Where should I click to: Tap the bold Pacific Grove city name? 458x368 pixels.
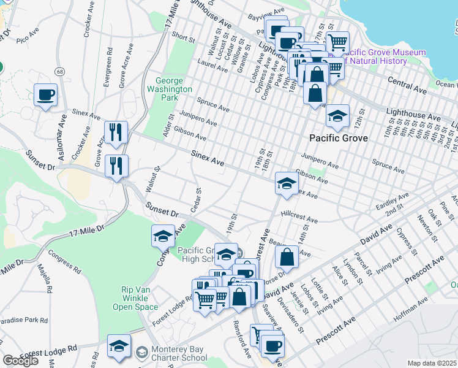338,138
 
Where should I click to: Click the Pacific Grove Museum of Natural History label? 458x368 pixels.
375,56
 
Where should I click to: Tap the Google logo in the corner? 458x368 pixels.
20,361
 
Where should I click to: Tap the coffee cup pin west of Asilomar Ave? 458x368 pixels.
45,96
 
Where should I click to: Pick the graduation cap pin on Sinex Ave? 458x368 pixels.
286,183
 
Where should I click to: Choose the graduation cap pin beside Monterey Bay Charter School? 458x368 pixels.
119,347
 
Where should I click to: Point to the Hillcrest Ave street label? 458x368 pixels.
299,218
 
